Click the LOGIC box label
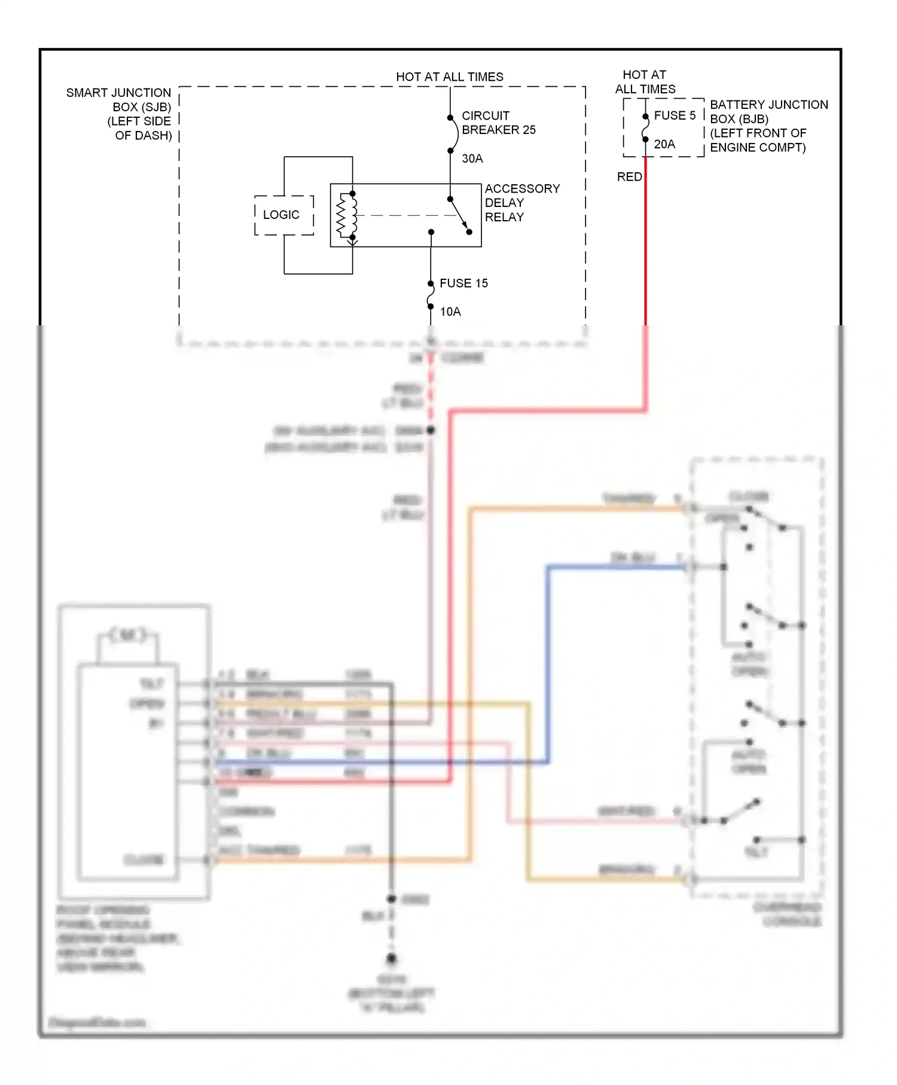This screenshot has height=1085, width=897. pos(281,215)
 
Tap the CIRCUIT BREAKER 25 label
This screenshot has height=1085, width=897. pos(498,123)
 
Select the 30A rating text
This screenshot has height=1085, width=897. pos(472,159)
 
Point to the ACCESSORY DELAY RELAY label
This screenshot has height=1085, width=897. pos(521,203)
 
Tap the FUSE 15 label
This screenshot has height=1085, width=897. pos(463,283)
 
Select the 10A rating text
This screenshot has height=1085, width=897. pos(450,312)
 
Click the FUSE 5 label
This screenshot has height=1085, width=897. pos(675,115)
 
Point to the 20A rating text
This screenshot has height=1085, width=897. pos(664,144)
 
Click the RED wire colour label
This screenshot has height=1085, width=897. pos(629,177)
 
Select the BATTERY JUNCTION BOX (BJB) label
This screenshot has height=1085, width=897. pos(767,126)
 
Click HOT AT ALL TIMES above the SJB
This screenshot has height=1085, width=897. pos(450,77)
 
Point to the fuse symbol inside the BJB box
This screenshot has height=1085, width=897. pos(645,128)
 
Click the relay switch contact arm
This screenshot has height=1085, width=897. pos(459,215)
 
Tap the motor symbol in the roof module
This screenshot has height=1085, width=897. pos(128,635)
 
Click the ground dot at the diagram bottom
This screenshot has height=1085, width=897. pos(391,959)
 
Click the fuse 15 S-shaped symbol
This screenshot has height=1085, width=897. pos(431,295)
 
